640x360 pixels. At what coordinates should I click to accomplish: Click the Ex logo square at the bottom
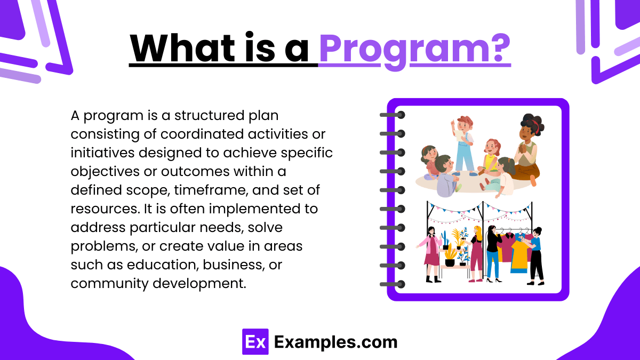254,341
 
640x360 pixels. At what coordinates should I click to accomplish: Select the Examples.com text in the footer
335,342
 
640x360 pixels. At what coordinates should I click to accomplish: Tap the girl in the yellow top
491,160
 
